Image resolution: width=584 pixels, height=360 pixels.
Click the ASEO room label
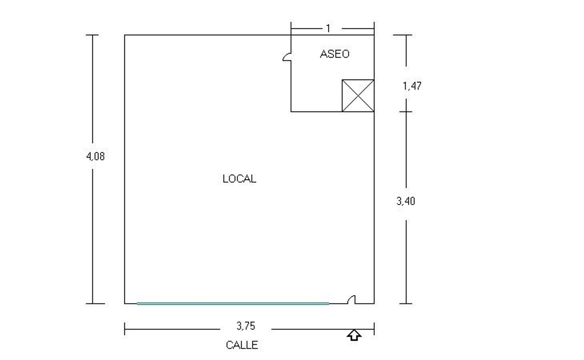(x=334, y=54)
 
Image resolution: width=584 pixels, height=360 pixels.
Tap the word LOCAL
(x=239, y=179)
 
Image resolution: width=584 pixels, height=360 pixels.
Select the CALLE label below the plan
(x=242, y=345)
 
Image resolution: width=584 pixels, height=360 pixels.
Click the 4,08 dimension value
(x=95, y=156)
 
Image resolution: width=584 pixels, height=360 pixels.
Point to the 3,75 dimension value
(x=246, y=326)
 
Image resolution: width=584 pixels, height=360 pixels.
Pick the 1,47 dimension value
(x=412, y=86)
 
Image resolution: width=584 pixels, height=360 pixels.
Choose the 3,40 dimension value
(x=406, y=201)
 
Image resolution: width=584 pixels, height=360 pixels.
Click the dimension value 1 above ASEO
(x=328, y=28)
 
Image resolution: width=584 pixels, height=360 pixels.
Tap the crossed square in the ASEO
(x=358, y=96)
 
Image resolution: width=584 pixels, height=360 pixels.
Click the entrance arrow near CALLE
(x=354, y=335)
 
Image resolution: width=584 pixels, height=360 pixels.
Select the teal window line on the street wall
(x=233, y=304)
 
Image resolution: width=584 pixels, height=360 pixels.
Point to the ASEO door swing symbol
(x=287, y=57)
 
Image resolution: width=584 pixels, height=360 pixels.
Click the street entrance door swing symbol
(x=352, y=299)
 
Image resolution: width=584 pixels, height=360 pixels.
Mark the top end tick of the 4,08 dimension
(x=92, y=35)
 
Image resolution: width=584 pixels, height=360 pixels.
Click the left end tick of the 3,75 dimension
(x=125, y=329)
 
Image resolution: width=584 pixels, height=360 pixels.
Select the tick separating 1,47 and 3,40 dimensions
(x=406, y=112)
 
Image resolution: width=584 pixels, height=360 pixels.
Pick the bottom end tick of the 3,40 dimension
(x=406, y=304)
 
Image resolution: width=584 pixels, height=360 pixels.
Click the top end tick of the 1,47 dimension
(x=403, y=35)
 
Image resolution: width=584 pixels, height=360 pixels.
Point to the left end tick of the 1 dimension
(x=291, y=28)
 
